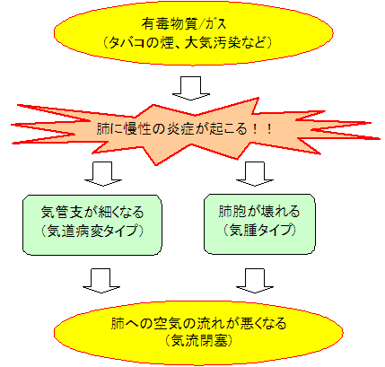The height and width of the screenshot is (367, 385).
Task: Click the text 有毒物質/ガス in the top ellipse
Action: (x=184, y=24)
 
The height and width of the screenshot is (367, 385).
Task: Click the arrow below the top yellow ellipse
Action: (x=191, y=88)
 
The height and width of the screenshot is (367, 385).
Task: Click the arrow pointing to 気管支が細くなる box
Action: (x=103, y=174)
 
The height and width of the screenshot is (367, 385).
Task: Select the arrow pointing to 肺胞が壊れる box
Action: (x=255, y=174)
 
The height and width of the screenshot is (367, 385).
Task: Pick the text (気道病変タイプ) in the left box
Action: (x=92, y=231)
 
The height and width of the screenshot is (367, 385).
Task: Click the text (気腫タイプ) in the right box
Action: (x=259, y=230)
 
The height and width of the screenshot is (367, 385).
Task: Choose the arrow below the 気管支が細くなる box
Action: (x=101, y=281)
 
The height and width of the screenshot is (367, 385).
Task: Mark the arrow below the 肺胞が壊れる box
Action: (x=255, y=281)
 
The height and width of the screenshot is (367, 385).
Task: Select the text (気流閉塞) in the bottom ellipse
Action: (x=198, y=341)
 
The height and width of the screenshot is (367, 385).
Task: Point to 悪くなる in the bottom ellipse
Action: (x=264, y=323)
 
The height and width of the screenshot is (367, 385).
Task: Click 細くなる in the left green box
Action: (x=121, y=212)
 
